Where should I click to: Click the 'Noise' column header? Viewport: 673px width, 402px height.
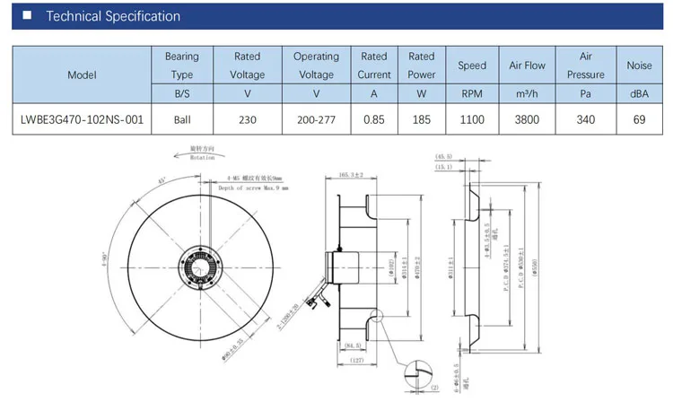(639, 66)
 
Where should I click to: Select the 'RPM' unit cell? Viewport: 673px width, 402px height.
(472, 93)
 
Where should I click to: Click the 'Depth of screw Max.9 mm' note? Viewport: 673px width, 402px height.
(252, 188)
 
